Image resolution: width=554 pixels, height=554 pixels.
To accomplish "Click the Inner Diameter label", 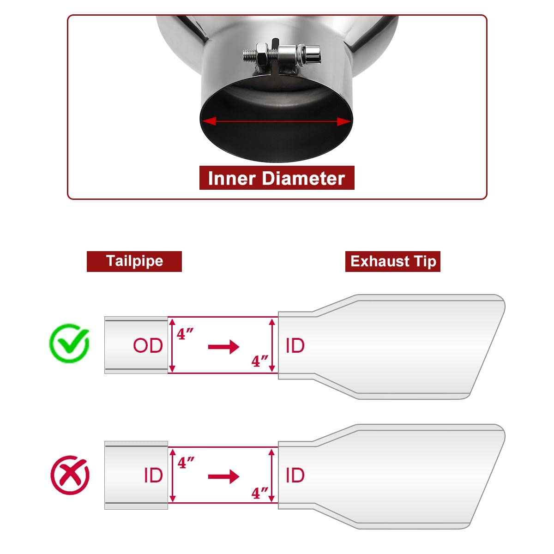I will [x=277, y=178].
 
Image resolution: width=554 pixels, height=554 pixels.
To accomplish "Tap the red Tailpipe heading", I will [x=134, y=261].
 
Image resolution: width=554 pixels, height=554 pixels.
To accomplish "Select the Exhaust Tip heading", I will [x=393, y=262].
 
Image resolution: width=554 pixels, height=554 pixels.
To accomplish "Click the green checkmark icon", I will [x=69, y=343].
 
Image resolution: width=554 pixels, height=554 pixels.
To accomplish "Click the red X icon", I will [x=69, y=475].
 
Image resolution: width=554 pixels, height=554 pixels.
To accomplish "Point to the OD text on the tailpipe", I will [x=148, y=345].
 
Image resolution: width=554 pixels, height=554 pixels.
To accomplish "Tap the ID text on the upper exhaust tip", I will [x=295, y=345].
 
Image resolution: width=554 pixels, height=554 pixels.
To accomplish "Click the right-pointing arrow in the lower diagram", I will [x=223, y=476].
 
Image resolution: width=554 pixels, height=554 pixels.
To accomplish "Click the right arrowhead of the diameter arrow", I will [x=344, y=121].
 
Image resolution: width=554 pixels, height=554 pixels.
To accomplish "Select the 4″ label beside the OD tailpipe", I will [x=185, y=333].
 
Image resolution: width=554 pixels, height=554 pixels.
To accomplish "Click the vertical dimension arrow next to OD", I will [x=173, y=345].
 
